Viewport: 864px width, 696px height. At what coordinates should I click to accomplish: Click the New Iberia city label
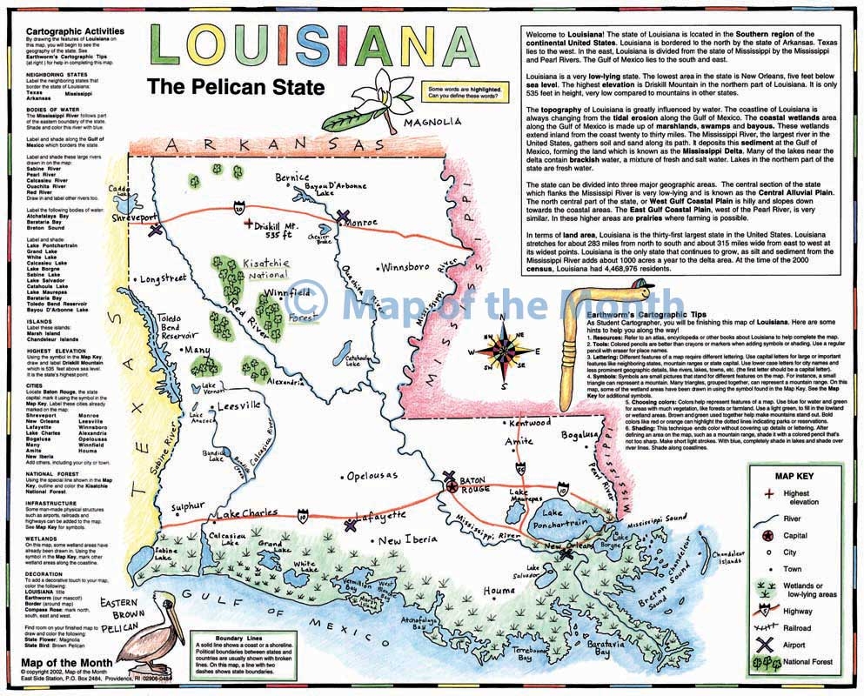tap(407, 539)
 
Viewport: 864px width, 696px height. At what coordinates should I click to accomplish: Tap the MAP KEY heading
tap(793, 476)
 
